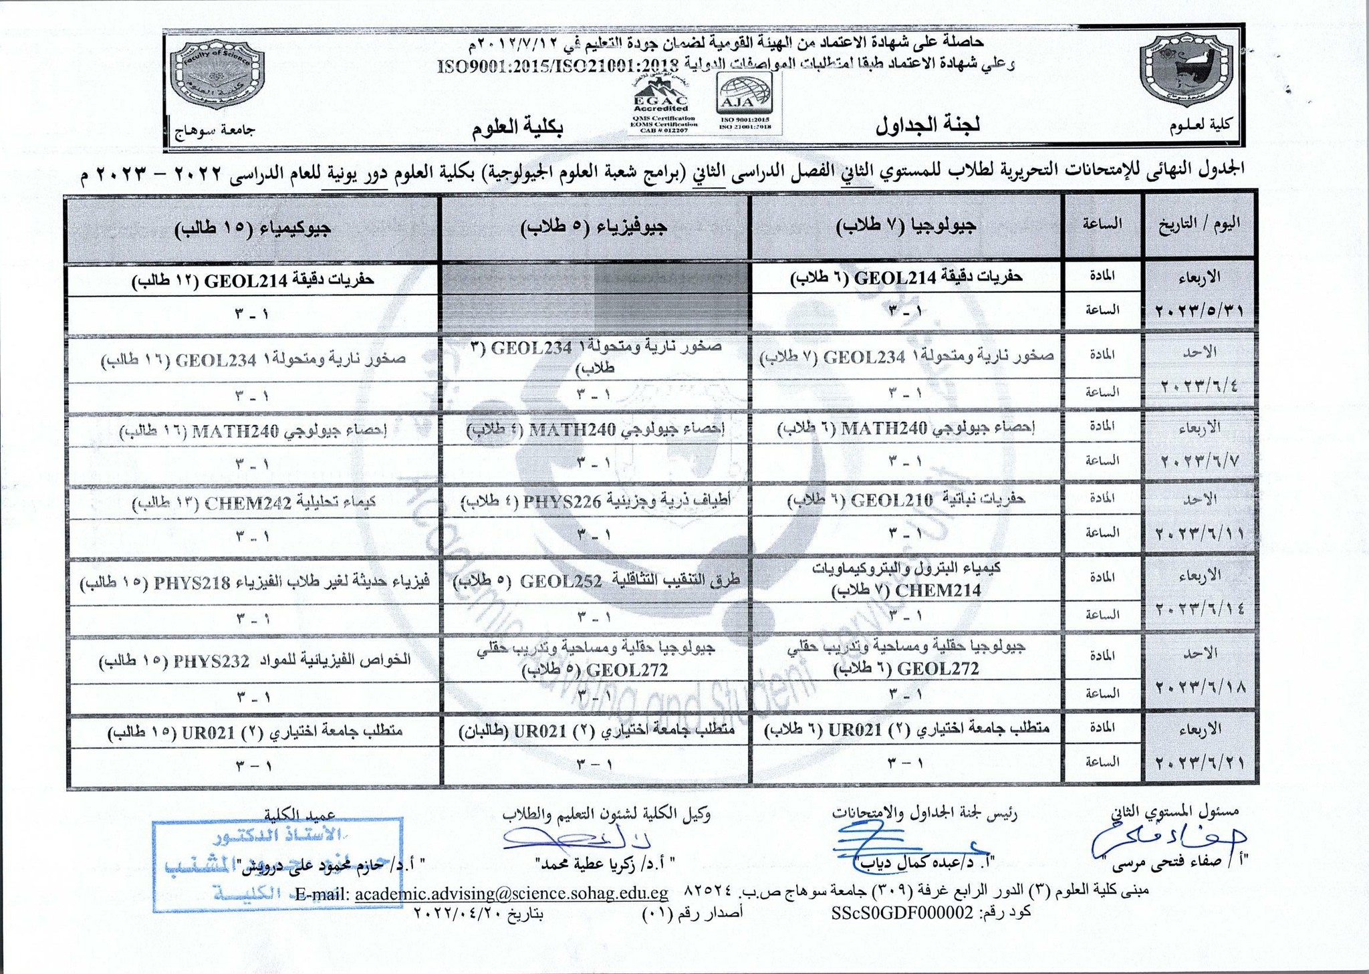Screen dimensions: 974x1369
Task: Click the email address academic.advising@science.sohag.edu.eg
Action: (511, 894)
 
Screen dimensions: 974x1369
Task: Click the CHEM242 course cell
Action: (254, 503)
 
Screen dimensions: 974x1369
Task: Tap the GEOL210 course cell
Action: (906, 500)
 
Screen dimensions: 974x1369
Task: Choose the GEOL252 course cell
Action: (594, 581)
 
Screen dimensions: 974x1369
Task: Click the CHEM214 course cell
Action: (906, 579)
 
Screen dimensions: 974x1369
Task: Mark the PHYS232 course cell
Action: (254, 661)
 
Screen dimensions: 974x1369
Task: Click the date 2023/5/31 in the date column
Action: (1200, 312)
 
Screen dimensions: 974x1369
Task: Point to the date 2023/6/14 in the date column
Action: (1200, 610)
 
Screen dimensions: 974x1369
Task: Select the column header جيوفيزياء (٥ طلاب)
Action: (594, 228)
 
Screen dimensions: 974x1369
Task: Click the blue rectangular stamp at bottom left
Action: (277, 864)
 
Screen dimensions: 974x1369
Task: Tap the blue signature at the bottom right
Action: (1170, 841)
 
